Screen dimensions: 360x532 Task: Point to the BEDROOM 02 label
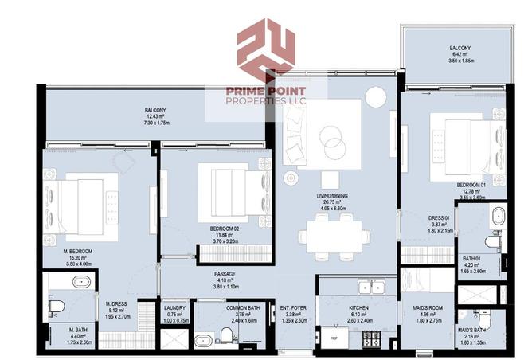point(225,229)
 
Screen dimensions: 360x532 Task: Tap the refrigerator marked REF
point(327,338)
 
